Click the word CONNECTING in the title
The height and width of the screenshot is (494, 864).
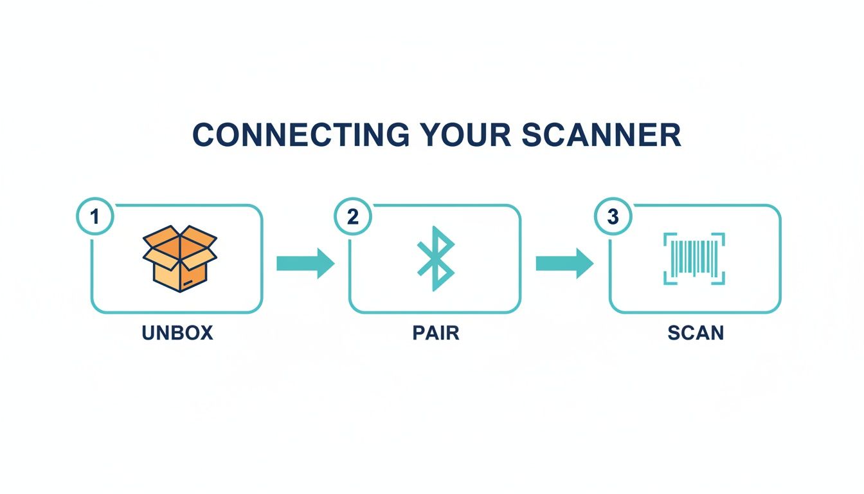tap(301, 135)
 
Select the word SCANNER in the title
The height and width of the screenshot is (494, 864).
tap(602, 135)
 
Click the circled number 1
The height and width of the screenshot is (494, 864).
tap(95, 217)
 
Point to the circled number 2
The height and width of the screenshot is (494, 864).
tap(353, 217)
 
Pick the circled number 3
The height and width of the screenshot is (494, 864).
tap(613, 217)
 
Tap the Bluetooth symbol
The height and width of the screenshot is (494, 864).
tap(436, 258)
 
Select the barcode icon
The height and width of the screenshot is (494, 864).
tap(694, 258)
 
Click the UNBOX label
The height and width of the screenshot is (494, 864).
tap(177, 333)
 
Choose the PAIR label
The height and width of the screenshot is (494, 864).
tap(435, 333)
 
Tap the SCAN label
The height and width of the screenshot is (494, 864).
tap(696, 333)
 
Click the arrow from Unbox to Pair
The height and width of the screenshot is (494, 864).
tap(305, 264)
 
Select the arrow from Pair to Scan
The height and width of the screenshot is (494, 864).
tap(564, 264)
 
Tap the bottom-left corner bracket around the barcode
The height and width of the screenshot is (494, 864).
tap(669, 279)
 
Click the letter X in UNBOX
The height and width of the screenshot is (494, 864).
tap(204, 333)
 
